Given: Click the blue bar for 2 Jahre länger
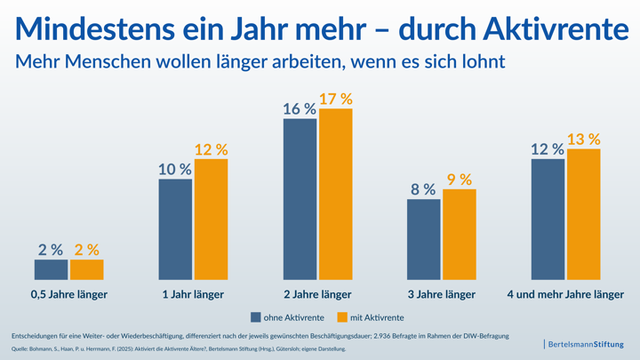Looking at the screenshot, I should [300, 199].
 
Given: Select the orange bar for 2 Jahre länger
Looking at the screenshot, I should [336, 195].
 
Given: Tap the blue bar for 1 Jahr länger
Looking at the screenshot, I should [175, 229].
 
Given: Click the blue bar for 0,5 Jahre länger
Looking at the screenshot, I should [51, 269].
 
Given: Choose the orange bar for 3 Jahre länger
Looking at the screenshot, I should [460, 235].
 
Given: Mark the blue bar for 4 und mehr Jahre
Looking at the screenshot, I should [548, 220].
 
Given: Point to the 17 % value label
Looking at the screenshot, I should [335, 99].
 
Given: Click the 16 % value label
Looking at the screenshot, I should [300, 109].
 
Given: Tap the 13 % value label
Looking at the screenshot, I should [583, 140].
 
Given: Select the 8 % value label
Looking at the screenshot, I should [423, 189].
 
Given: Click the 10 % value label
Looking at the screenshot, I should [175, 169].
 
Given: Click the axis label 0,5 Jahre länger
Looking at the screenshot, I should [68, 294].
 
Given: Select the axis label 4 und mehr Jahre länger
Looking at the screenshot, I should [565, 294].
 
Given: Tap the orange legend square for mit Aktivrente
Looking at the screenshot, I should [343, 317].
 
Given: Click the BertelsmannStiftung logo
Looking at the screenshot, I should [586, 344].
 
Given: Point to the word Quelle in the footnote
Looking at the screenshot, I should [19, 349].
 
